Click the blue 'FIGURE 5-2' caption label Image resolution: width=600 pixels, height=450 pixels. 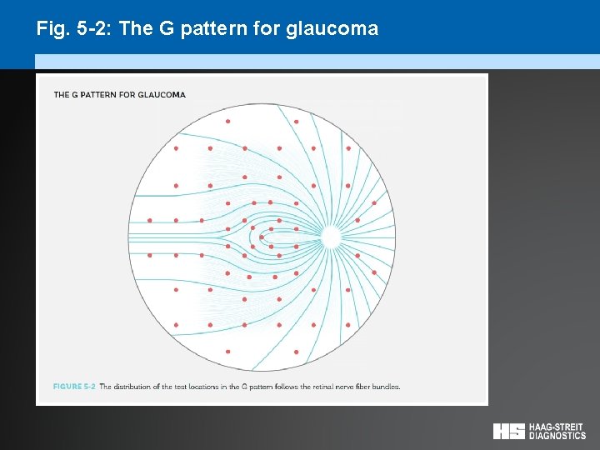[x=74, y=387]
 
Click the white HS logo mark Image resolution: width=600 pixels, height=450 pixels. [x=508, y=431]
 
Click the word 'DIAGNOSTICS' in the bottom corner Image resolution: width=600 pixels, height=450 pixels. [x=557, y=436]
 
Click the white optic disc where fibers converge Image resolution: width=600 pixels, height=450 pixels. [x=330, y=238]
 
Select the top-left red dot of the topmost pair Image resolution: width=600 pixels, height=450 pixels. [x=227, y=121]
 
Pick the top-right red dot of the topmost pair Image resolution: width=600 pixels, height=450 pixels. [x=296, y=121]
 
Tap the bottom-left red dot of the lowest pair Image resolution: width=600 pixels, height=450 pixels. [x=227, y=352]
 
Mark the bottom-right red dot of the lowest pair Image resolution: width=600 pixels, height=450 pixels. [x=296, y=352]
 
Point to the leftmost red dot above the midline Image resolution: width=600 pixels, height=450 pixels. [x=149, y=220]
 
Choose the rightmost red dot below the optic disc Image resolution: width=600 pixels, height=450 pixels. [x=374, y=272]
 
